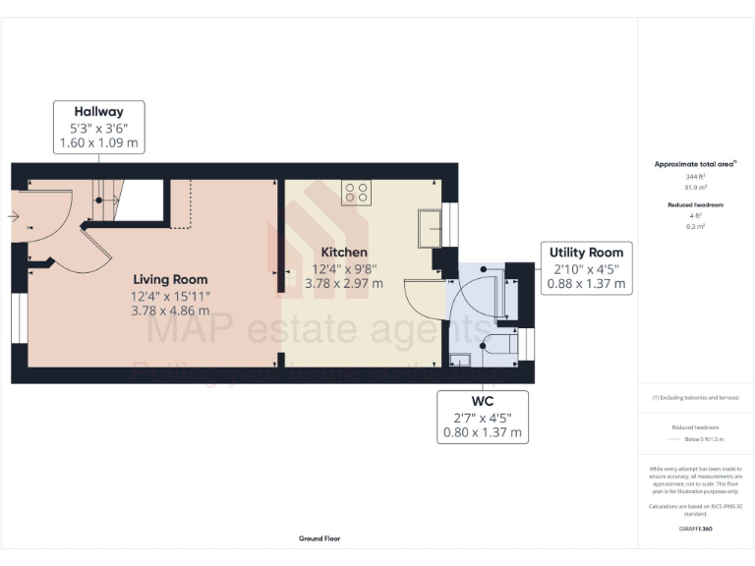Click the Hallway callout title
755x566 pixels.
tap(98, 111)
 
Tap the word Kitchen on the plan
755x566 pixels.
tap(340, 253)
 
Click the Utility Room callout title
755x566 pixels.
tap(587, 253)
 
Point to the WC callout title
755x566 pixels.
tap(483, 402)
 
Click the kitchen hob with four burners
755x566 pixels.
tap(355, 193)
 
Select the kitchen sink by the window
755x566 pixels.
tap(430, 228)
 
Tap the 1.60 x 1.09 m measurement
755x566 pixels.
tap(98, 142)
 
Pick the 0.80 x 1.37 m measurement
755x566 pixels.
tap(483, 432)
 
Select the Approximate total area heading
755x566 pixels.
tap(694, 164)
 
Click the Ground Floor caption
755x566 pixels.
tap(319, 538)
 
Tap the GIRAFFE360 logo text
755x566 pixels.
tap(695, 529)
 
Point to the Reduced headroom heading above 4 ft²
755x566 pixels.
tap(695, 204)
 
